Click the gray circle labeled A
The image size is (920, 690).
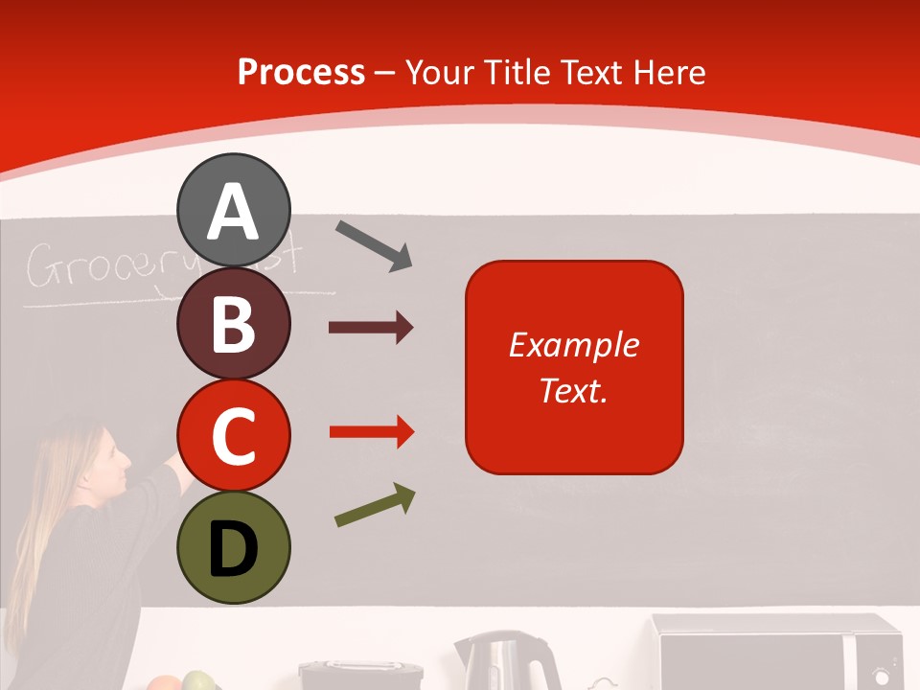click(234, 210)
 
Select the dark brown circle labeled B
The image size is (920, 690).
click(234, 323)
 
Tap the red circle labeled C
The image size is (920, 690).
click(234, 435)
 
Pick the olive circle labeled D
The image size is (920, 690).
click(234, 547)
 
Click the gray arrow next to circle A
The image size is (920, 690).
click(374, 245)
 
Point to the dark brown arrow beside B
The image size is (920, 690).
click(371, 328)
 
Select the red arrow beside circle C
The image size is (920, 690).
click(371, 432)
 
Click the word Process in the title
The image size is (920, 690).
click(301, 73)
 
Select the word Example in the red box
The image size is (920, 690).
click(574, 345)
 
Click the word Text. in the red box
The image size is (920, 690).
click(574, 390)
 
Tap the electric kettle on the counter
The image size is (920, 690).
click(506, 661)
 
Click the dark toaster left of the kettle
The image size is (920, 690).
click(360, 675)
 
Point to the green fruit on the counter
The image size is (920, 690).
click(198, 681)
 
